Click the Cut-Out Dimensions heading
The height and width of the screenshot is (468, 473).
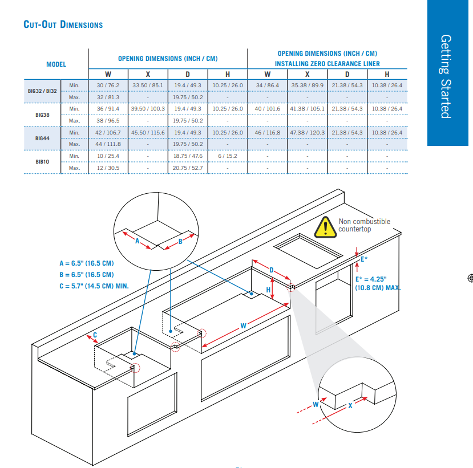(63, 25)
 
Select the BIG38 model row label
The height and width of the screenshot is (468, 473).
(42, 115)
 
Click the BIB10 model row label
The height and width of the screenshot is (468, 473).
(42, 161)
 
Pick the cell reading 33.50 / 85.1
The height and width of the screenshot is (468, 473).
(148, 86)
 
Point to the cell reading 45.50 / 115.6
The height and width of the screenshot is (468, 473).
(148, 132)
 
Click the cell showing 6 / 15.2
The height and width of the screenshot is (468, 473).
(228, 156)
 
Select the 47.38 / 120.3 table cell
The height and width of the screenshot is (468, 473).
(307, 132)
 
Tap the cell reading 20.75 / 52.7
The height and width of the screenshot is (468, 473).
(188, 168)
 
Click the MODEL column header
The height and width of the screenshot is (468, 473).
(56, 64)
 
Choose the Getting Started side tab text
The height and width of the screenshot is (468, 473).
(446, 76)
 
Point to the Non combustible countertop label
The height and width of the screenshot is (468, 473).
(364, 225)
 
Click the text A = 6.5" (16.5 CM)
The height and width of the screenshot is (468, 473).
(86, 263)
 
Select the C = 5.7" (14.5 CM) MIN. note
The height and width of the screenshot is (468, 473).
(94, 285)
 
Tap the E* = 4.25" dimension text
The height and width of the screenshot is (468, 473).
(371, 279)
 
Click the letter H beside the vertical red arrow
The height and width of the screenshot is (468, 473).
(268, 290)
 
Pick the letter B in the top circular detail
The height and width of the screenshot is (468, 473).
(180, 241)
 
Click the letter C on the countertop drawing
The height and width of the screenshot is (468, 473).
(95, 334)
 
